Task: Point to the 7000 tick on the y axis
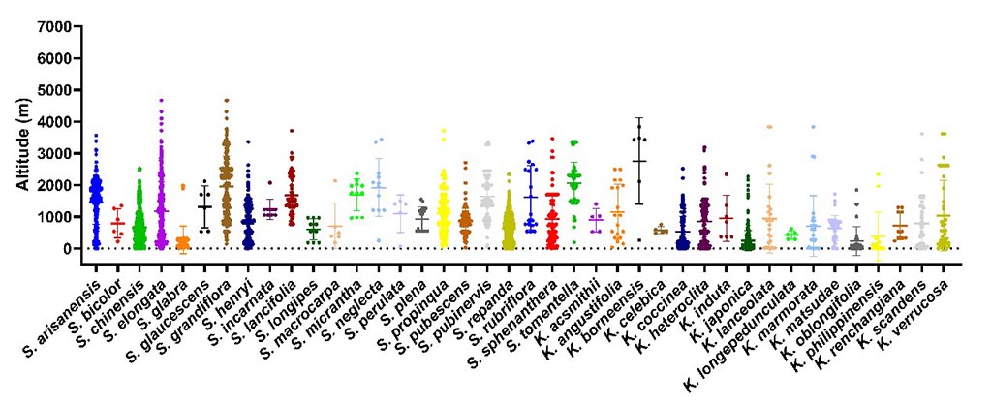52,26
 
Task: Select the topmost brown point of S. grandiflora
226,100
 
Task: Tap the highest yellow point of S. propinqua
443,130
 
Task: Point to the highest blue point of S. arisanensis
96,136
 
